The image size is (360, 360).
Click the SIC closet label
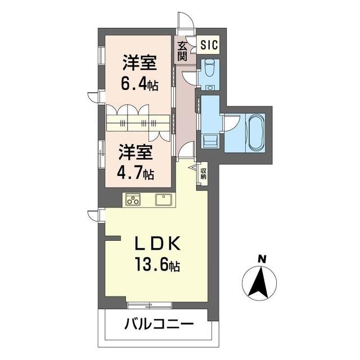[x=209, y=45]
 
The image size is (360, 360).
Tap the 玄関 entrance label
[x=182, y=52]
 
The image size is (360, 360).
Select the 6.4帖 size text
[x=139, y=84]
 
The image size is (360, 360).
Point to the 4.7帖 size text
[x=136, y=173]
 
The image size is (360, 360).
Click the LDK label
[x=157, y=244]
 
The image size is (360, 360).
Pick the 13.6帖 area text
[x=157, y=264]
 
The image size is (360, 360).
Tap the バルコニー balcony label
[x=159, y=324]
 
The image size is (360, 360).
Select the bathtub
[x=255, y=133]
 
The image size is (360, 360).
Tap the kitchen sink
[x=164, y=200]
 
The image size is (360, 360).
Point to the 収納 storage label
[x=203, y=174]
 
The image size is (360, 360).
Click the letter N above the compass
[x=262, y=259]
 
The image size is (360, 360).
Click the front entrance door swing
[x=186, y=20]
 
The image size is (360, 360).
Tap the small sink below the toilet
[x=209, y=88]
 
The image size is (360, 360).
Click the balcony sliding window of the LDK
[x=150, y=305]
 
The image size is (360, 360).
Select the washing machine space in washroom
[x=210, y=142]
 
